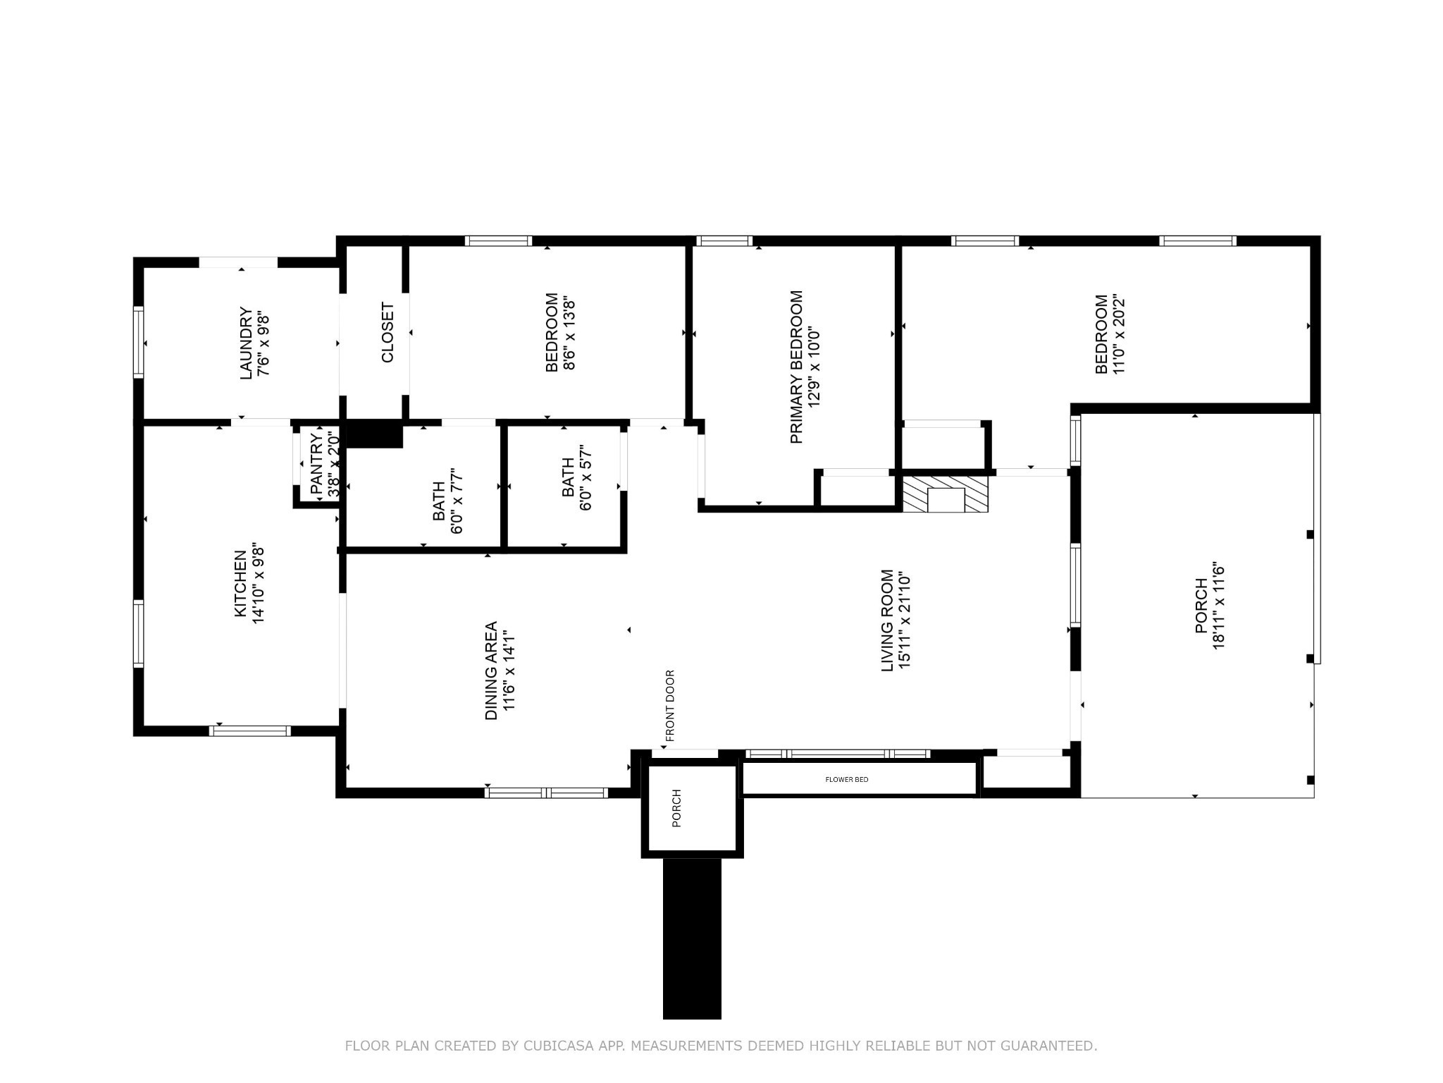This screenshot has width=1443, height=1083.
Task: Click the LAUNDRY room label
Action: (x=246, y=343)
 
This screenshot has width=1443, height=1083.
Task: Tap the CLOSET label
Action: (x=388, y=333)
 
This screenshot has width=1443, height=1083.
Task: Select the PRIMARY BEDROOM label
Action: (x=797, y=367)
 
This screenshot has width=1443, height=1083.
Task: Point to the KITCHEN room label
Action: (x=241, y=583)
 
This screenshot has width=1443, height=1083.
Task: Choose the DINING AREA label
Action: (x=491, y=671)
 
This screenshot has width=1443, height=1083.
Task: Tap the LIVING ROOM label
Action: (x=888, y=620)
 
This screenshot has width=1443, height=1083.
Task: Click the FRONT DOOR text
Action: (x=670, y=706)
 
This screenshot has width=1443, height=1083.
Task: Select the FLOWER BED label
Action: (x=847, y=779)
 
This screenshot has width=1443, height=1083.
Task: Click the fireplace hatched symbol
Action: (x=946, y=494)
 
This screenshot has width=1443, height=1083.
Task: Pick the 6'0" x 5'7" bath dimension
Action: (x=586, y=477)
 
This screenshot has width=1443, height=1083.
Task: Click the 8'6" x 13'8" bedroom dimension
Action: (x=570, y=333)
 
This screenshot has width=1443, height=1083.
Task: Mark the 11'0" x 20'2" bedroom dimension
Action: (x=1119, y=334)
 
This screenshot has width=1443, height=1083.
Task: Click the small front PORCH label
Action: (x=677, y=808)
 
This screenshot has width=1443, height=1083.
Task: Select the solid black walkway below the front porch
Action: (x=692, y=938)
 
